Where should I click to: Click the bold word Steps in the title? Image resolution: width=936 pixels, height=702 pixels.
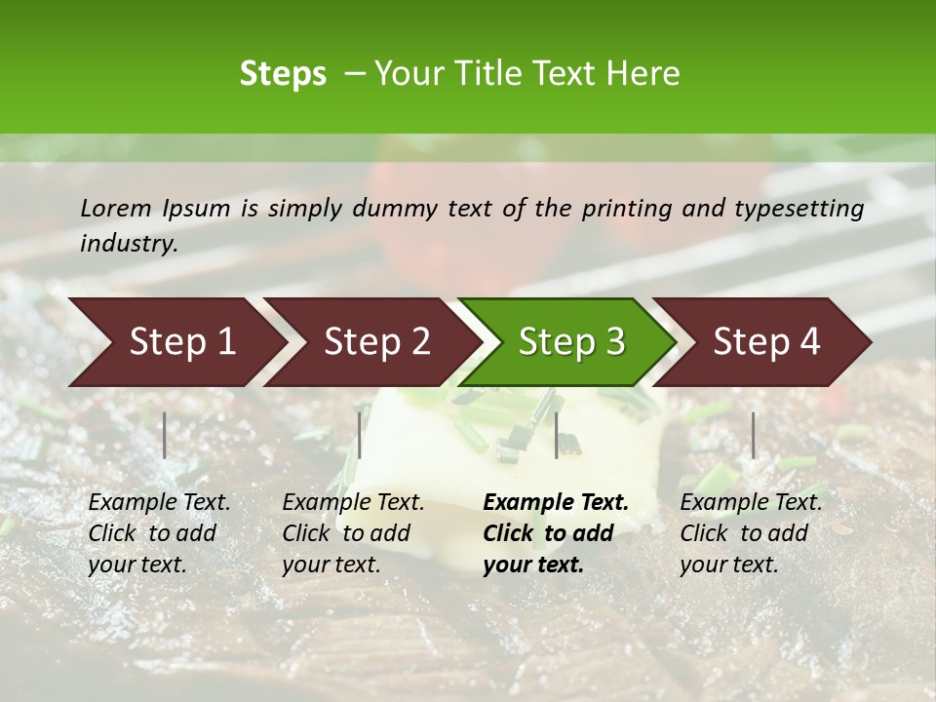[283, 74]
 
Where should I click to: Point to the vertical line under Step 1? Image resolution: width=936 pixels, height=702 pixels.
[165, 435]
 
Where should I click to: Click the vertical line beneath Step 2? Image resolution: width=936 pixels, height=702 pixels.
[360, 435]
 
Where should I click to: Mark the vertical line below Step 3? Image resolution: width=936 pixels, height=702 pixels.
[556, 435]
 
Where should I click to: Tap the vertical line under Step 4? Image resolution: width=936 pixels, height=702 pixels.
[753, 435]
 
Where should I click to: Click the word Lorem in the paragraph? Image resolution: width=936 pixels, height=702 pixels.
[116, 208]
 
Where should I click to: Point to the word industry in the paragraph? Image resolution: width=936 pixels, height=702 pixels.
[129, 243]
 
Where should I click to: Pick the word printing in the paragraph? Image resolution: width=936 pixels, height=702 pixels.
[624, 208]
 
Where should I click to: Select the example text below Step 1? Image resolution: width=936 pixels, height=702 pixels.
[159, 533]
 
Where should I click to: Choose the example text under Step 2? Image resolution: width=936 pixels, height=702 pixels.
[353, 533]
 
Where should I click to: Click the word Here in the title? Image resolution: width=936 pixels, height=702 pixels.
[643, 74]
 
